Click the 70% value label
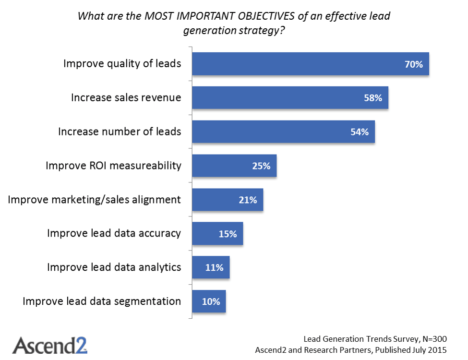[414, 64]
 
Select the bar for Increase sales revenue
[290, 98]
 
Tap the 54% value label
[360, 132]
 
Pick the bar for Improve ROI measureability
[234, 166]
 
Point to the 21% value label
[248, 200]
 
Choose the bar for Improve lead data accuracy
[217, 234]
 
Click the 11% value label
[214, 268]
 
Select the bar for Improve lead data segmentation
[209, 302]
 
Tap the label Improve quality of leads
[122, 64]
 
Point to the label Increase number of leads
[120, 132]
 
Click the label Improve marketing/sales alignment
[95, 200]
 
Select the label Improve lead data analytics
[114, 267]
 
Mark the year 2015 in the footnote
[437, 350]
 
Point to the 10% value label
[211, 302]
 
